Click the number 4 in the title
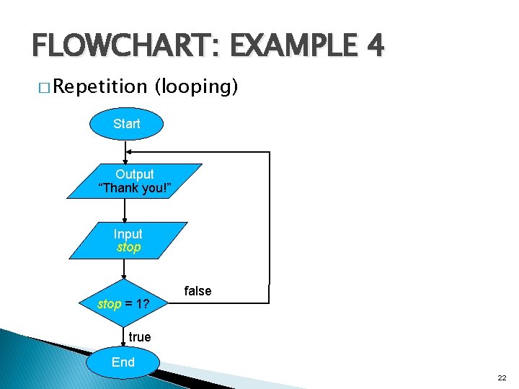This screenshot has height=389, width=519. tap(374, 48)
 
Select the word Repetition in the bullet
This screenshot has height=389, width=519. tap(99, 87)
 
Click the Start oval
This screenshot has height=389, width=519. tap(126, 124)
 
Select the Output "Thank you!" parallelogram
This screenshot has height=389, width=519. tap(135, 181)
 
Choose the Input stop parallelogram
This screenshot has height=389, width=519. tap(128, 241)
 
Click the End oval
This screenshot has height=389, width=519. tap(123, 362)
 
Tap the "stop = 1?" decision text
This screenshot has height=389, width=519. tap(123, 304)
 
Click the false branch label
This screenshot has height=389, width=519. tap(198, 291)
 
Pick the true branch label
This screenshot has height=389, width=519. tap(139, 337)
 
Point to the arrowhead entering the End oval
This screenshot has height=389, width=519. tap(124, 346)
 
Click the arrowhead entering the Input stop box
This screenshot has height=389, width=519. tap(125, 218)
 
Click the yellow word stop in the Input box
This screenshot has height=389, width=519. tap(128, 248)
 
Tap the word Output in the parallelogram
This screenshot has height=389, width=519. tap(135, 174)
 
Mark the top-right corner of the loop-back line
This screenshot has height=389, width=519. tap(270, 152)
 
